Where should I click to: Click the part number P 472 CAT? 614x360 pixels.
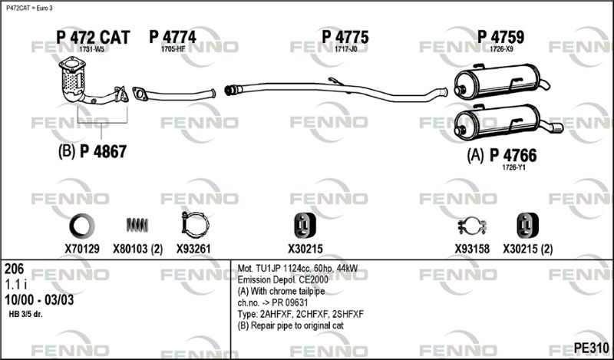(x=93, y=37)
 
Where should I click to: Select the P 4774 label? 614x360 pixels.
(x=173, y=37)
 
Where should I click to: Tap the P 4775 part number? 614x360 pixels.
(x=345, y=37)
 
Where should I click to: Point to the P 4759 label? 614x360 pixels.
(x=500, y=37)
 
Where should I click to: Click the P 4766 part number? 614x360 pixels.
(x=513, y=156)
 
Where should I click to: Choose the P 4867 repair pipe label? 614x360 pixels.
(x=104, y=152)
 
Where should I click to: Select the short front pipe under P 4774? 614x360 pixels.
(x=174, y=94)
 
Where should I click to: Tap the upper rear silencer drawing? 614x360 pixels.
(x=502, y=82)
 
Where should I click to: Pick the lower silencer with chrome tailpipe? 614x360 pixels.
(x=508, y=122)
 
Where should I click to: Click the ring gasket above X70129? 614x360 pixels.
(x=82, y=226)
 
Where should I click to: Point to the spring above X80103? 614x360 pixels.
(x=137, y=225)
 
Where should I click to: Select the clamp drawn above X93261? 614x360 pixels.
(x=195, y=225)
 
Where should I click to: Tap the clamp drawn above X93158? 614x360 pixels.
(x=472, y=226)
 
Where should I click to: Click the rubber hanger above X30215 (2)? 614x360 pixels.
(x=527, y=226)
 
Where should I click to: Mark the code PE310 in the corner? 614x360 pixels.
(x=591, y=348)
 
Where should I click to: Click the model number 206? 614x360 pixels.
(x=14, y=269)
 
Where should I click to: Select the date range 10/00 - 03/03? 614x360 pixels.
(x=39, y=300)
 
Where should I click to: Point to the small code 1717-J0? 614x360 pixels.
(x=346, y=49)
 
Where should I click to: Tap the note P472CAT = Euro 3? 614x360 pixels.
(x=29, y=8)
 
